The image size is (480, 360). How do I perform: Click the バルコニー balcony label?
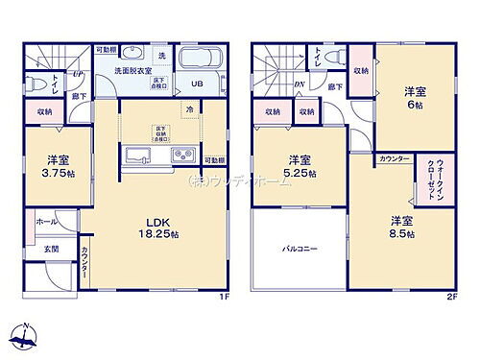(x=300, y=249)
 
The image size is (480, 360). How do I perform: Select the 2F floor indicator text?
(x=450, y=296)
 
